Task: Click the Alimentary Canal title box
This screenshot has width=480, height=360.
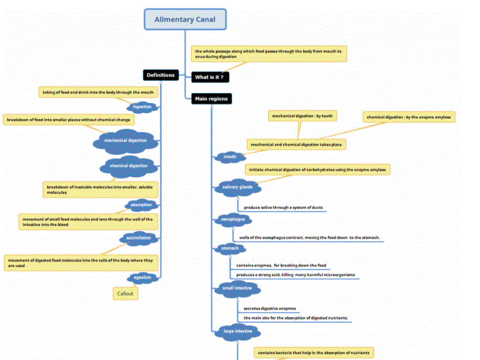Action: [185, 19]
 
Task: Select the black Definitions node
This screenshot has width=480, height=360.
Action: [161, 75]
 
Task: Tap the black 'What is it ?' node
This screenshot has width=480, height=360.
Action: [210, 78]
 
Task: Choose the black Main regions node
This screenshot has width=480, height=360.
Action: [211, 99]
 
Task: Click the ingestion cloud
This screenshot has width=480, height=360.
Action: [142, 107]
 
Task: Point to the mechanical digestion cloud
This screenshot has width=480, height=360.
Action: [125, 141]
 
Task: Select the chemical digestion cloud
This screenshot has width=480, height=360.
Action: [129, 166]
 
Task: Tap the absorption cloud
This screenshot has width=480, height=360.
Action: [141, 205]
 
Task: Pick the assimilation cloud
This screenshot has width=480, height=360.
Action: [138, 238]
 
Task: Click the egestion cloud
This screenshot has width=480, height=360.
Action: [142, 278]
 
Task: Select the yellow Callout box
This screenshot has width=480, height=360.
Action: [125, 294]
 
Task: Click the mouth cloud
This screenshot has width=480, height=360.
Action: [230, 157]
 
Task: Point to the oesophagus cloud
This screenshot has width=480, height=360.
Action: [233, 219]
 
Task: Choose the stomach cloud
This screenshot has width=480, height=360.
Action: [230, 249]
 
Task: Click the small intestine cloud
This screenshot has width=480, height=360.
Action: [238, 288]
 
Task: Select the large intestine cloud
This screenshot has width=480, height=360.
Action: [237, 332]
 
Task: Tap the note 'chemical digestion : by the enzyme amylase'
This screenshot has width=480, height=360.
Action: [409, 117]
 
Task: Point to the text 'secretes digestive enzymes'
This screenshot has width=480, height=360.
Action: [270, 309]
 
